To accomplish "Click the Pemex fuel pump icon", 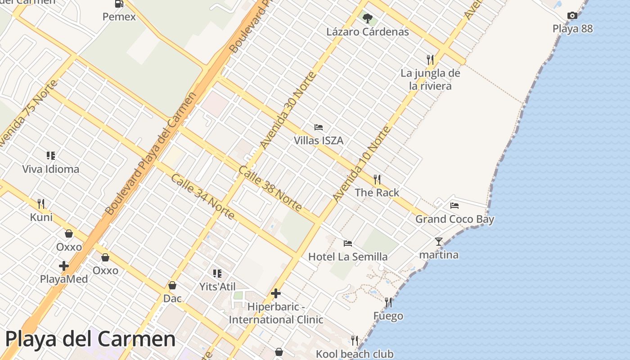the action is click(x=119, y=4).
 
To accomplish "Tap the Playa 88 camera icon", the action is click(x=572, y=16).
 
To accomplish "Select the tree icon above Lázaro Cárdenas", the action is click(x=368, y=18).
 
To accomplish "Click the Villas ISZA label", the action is click(x=319, y=140).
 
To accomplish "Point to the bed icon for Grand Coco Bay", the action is click(x=454, y=206).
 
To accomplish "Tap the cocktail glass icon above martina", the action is click(x=439, y=242).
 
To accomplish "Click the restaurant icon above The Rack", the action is click(x=377, y=180).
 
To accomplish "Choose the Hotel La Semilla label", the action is click(x=348, y=256).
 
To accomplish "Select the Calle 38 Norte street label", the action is click(x=270, y=189).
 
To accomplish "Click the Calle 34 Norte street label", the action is click(x=202, y=197).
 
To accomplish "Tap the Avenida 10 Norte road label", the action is click(x=361, y=164).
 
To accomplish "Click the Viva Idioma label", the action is click(x=51, y=169).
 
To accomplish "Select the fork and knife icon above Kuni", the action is click(x=41, y=204).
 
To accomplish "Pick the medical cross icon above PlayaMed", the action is click(x=64, y=266).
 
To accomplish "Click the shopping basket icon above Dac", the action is click(x=172, y=285).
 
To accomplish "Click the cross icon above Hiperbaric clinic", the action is click(x=276, y=294).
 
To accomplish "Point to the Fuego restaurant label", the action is click(x=388, y=316).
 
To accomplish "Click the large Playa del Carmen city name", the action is click(x=90, y=338).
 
